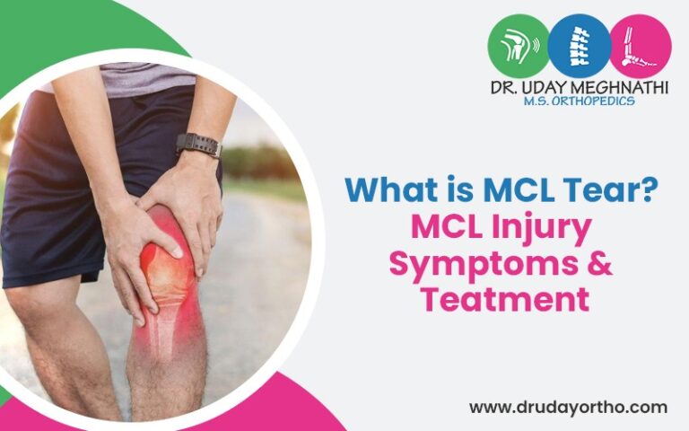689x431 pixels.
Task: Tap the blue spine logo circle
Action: point(579,46)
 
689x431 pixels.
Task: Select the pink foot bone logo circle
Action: point(640,46)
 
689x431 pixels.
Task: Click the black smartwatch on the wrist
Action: point(197,145)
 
